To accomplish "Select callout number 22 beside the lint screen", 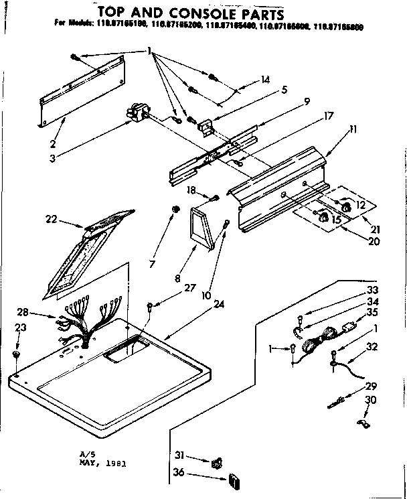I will (50, 218).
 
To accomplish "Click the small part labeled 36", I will (234, 480).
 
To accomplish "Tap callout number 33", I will (372, 290).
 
